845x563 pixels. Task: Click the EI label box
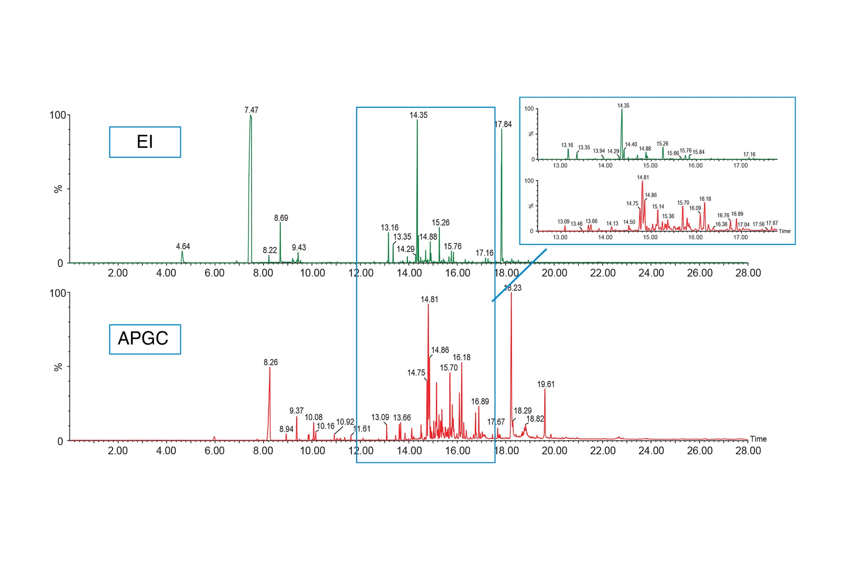click(x=145, y=142)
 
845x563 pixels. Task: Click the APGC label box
click(x=145, y=339)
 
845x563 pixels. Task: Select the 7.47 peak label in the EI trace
click(x=251, y=110)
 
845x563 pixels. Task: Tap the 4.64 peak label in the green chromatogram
click(x=183, y=246)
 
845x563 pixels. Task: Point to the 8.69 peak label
click(x=281, y=218)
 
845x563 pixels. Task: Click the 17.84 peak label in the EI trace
click(x=503, y=124)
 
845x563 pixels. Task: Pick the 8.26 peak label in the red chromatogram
click(x=271, y=362)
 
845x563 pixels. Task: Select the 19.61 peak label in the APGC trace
click(x=546, y=384)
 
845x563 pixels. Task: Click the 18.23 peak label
click(x=513, y=288)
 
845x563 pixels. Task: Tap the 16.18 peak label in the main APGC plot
click(x=461, y=357)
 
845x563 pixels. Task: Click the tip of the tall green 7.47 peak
click(x=251, y=116)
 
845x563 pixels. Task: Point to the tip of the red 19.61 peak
click(x=545, y=389)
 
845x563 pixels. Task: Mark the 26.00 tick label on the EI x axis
click(x=700, y=273)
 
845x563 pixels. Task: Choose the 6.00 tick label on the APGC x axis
click(x=214, y=451)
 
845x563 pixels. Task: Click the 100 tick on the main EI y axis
click(x=58, y=115)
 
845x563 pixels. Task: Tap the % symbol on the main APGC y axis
click(x=58, y=367)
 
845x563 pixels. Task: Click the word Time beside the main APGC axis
click(x=758, y=439)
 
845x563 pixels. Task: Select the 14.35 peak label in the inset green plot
click(x=623, y=106)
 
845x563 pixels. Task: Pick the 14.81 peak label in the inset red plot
click(x=643, y=177)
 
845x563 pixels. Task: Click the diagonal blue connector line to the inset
click(x=519, y=275)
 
